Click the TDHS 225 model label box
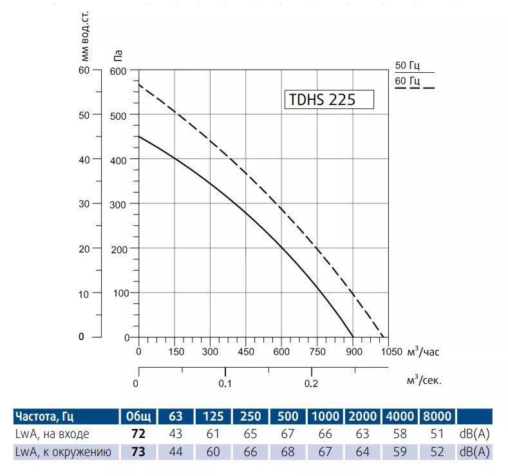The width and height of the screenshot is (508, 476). pyautogui.click(x=328, y=100)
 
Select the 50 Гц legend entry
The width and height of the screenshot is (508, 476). pyautogui.click(x=408, y=65)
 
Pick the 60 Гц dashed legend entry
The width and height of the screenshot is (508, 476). pyautogui.click(x=408, y=81)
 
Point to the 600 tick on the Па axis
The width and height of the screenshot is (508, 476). pyautogui.click(x=119, y=70)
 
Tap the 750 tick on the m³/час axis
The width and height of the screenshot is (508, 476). pyautogui.click(x=317, y=352)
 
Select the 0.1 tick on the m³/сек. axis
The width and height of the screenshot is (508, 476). pyautogui.click(x=225, y=383)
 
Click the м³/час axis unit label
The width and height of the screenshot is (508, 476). pyautogui.click(x=424, y=352)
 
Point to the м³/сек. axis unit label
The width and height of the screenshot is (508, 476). pyautogui.click(x=424, y=380)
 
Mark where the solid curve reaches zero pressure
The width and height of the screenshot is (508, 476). pyautogui.click(x=353, y=336)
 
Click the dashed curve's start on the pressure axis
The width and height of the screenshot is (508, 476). pyautogui.click(x=139, y=84)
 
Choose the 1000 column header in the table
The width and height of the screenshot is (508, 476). pyautogui.click(x=326, y=416)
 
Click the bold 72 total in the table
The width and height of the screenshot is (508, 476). pyautogui.click(x=138, y=433)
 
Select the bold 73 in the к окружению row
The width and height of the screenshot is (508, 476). pyautogui.click(x=138, y=452)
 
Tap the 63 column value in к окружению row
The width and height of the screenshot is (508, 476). pyautogui.click(x=175, y=452)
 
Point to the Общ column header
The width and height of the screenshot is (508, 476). pyautogui.click(x=138, y=416)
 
